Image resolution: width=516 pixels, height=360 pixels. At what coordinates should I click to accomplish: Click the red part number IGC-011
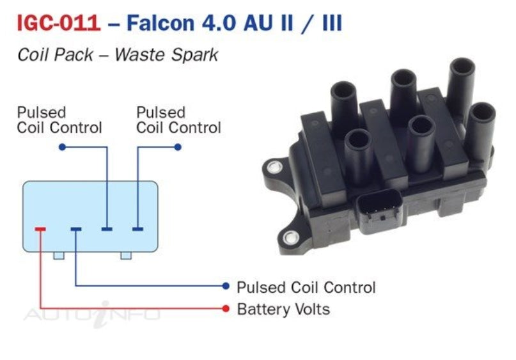pos(58,24)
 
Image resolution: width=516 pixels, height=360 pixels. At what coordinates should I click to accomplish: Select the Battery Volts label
pos(283,309)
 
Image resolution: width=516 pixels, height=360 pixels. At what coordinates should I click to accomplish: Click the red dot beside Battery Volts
pos(226,309)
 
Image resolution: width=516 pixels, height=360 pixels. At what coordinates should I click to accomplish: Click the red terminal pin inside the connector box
pos(40,229)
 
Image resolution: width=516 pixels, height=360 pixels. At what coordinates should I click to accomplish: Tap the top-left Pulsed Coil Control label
pos(59,120)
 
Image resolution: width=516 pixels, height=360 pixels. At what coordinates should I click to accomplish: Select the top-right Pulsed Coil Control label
pos(178,120)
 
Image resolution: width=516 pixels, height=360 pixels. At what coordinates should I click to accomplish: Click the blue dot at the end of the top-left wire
pos(61,147)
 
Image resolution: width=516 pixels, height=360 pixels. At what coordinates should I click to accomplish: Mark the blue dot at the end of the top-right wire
pos(178,147)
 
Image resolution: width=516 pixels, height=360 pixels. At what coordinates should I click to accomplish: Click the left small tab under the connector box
pos(59,256)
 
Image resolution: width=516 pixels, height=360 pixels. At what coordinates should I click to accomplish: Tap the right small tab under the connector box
pos(126,256)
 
